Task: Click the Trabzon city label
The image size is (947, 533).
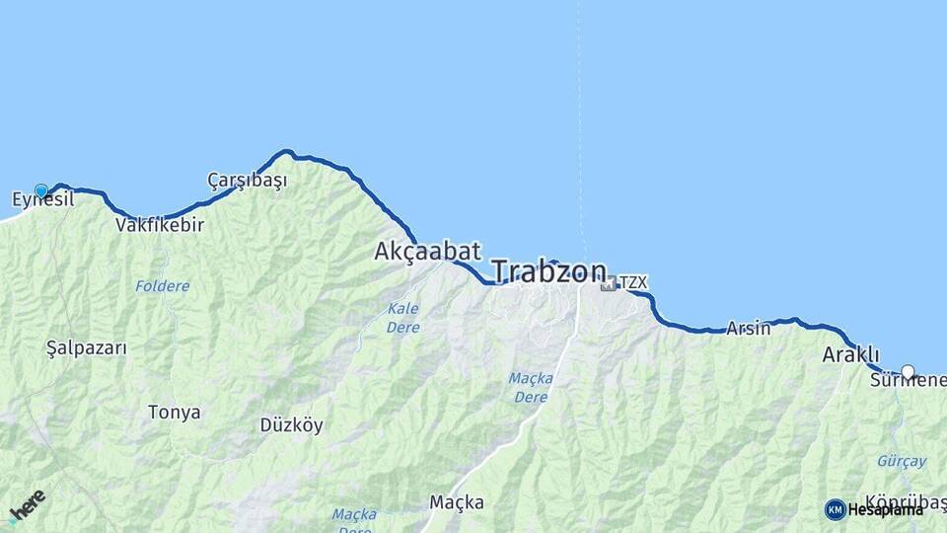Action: click(x=548, y=271)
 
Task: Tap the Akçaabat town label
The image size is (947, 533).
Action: click(x=427, y=252)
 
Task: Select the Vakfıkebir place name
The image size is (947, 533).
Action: click(x=160, y=225)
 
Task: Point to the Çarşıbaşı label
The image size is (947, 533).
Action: click(x=247, y=181)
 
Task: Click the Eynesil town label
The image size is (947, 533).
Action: click(x=42, y=200)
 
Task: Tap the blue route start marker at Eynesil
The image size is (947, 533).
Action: click(x=41, y=190)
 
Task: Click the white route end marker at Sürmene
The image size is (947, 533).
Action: click(x=908, y=372)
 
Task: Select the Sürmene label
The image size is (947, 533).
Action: click(x=908, y=382)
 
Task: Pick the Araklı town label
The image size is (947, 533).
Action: click(x=850, y=355)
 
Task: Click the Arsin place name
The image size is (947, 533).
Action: click(x=748, y=329)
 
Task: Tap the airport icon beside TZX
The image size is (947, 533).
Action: click(x=608, y=283)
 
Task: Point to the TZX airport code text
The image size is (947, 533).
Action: click(x=633, y=283)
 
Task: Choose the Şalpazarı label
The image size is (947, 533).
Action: click(x=87, y=348)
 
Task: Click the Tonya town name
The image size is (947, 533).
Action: click(x=174, y=413)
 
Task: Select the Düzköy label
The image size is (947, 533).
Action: click(x=291, y=425)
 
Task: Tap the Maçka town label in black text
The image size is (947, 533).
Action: click(x=457, y=502)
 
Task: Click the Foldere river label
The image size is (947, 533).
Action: click(x=163, y=286)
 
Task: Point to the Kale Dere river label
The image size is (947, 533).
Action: click(x=402, y=318)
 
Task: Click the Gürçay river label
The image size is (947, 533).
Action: click(x=902, y=461)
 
